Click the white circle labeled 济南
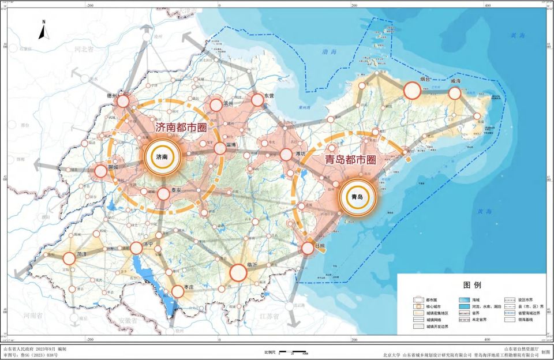point(163,156)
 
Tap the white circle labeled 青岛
point(357,197)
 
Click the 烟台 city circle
point(412,91)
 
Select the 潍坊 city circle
point(286,154)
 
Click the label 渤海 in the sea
point(330,52)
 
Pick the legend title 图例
point(473,285)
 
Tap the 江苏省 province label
point(268,317)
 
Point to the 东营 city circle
point(257,100)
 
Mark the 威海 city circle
point(455,93)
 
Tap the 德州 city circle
point(123,102)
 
